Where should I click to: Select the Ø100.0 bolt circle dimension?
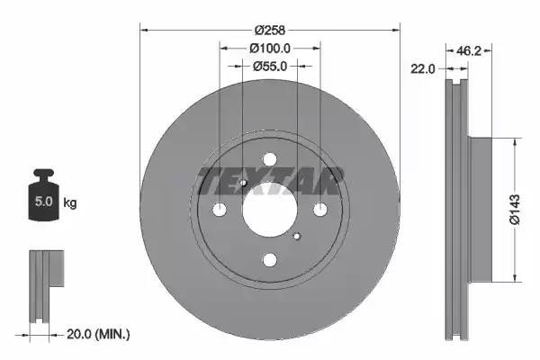pos(269,48)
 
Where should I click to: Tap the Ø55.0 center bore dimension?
pos(269,67)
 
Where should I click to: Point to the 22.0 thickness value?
pos(425,68)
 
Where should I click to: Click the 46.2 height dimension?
pos(469,51)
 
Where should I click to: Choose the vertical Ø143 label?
pos(512,208)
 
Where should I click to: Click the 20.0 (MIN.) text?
pos(99,334)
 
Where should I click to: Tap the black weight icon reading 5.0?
pos(43,199)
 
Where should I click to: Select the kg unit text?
pos(70,203)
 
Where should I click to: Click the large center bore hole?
pos(270,211)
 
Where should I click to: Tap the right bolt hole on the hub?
pos(320,210)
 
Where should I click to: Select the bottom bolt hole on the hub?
pos(270,260)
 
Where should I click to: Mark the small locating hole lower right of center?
pos(297,237)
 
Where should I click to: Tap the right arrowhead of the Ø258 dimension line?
pos(396,29)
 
